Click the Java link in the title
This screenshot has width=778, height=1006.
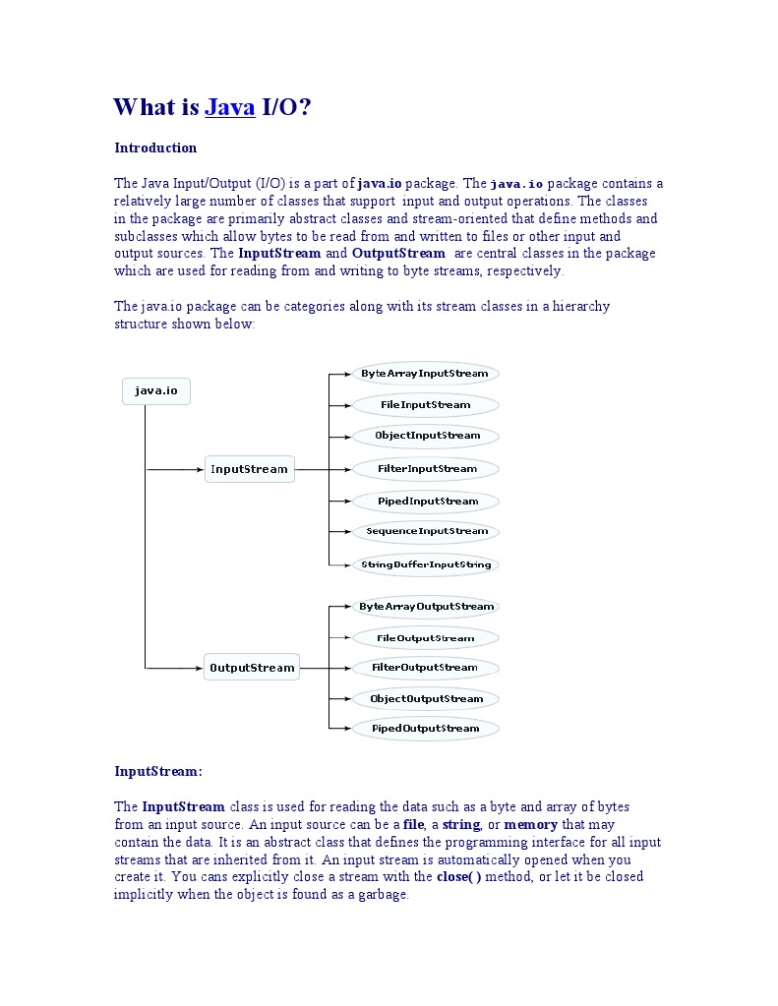coord(230,107)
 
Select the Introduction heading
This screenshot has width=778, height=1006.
coord(155,148)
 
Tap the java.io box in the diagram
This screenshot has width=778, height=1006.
coord(156,391)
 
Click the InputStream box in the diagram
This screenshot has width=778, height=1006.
coord(250,469)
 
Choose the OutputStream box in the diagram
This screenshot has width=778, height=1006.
coord(252,668)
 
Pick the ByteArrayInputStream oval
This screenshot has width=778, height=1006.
coord(425,374)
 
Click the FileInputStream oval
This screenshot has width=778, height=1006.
coord(425,404)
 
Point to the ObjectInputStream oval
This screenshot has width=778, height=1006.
coord(427,436)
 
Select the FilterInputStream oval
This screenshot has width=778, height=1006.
coord(427,469)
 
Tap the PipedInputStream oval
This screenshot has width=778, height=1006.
coord(427,502)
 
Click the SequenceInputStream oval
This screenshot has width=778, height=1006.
coord(427,531)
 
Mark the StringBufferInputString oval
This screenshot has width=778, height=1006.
coord(427,564)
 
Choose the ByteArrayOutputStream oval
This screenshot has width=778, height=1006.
coord(427,607)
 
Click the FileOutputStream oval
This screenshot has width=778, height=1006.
coord(427,638)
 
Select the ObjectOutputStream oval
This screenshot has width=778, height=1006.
coord(427,699)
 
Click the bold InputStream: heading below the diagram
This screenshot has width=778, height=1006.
coord(158,772)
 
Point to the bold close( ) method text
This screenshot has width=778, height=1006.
coord(459,877)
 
